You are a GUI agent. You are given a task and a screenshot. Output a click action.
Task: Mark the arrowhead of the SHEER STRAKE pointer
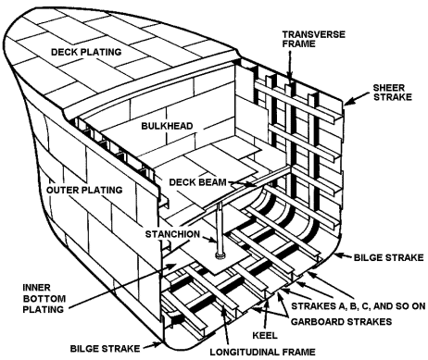click(x=346, y=105)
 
